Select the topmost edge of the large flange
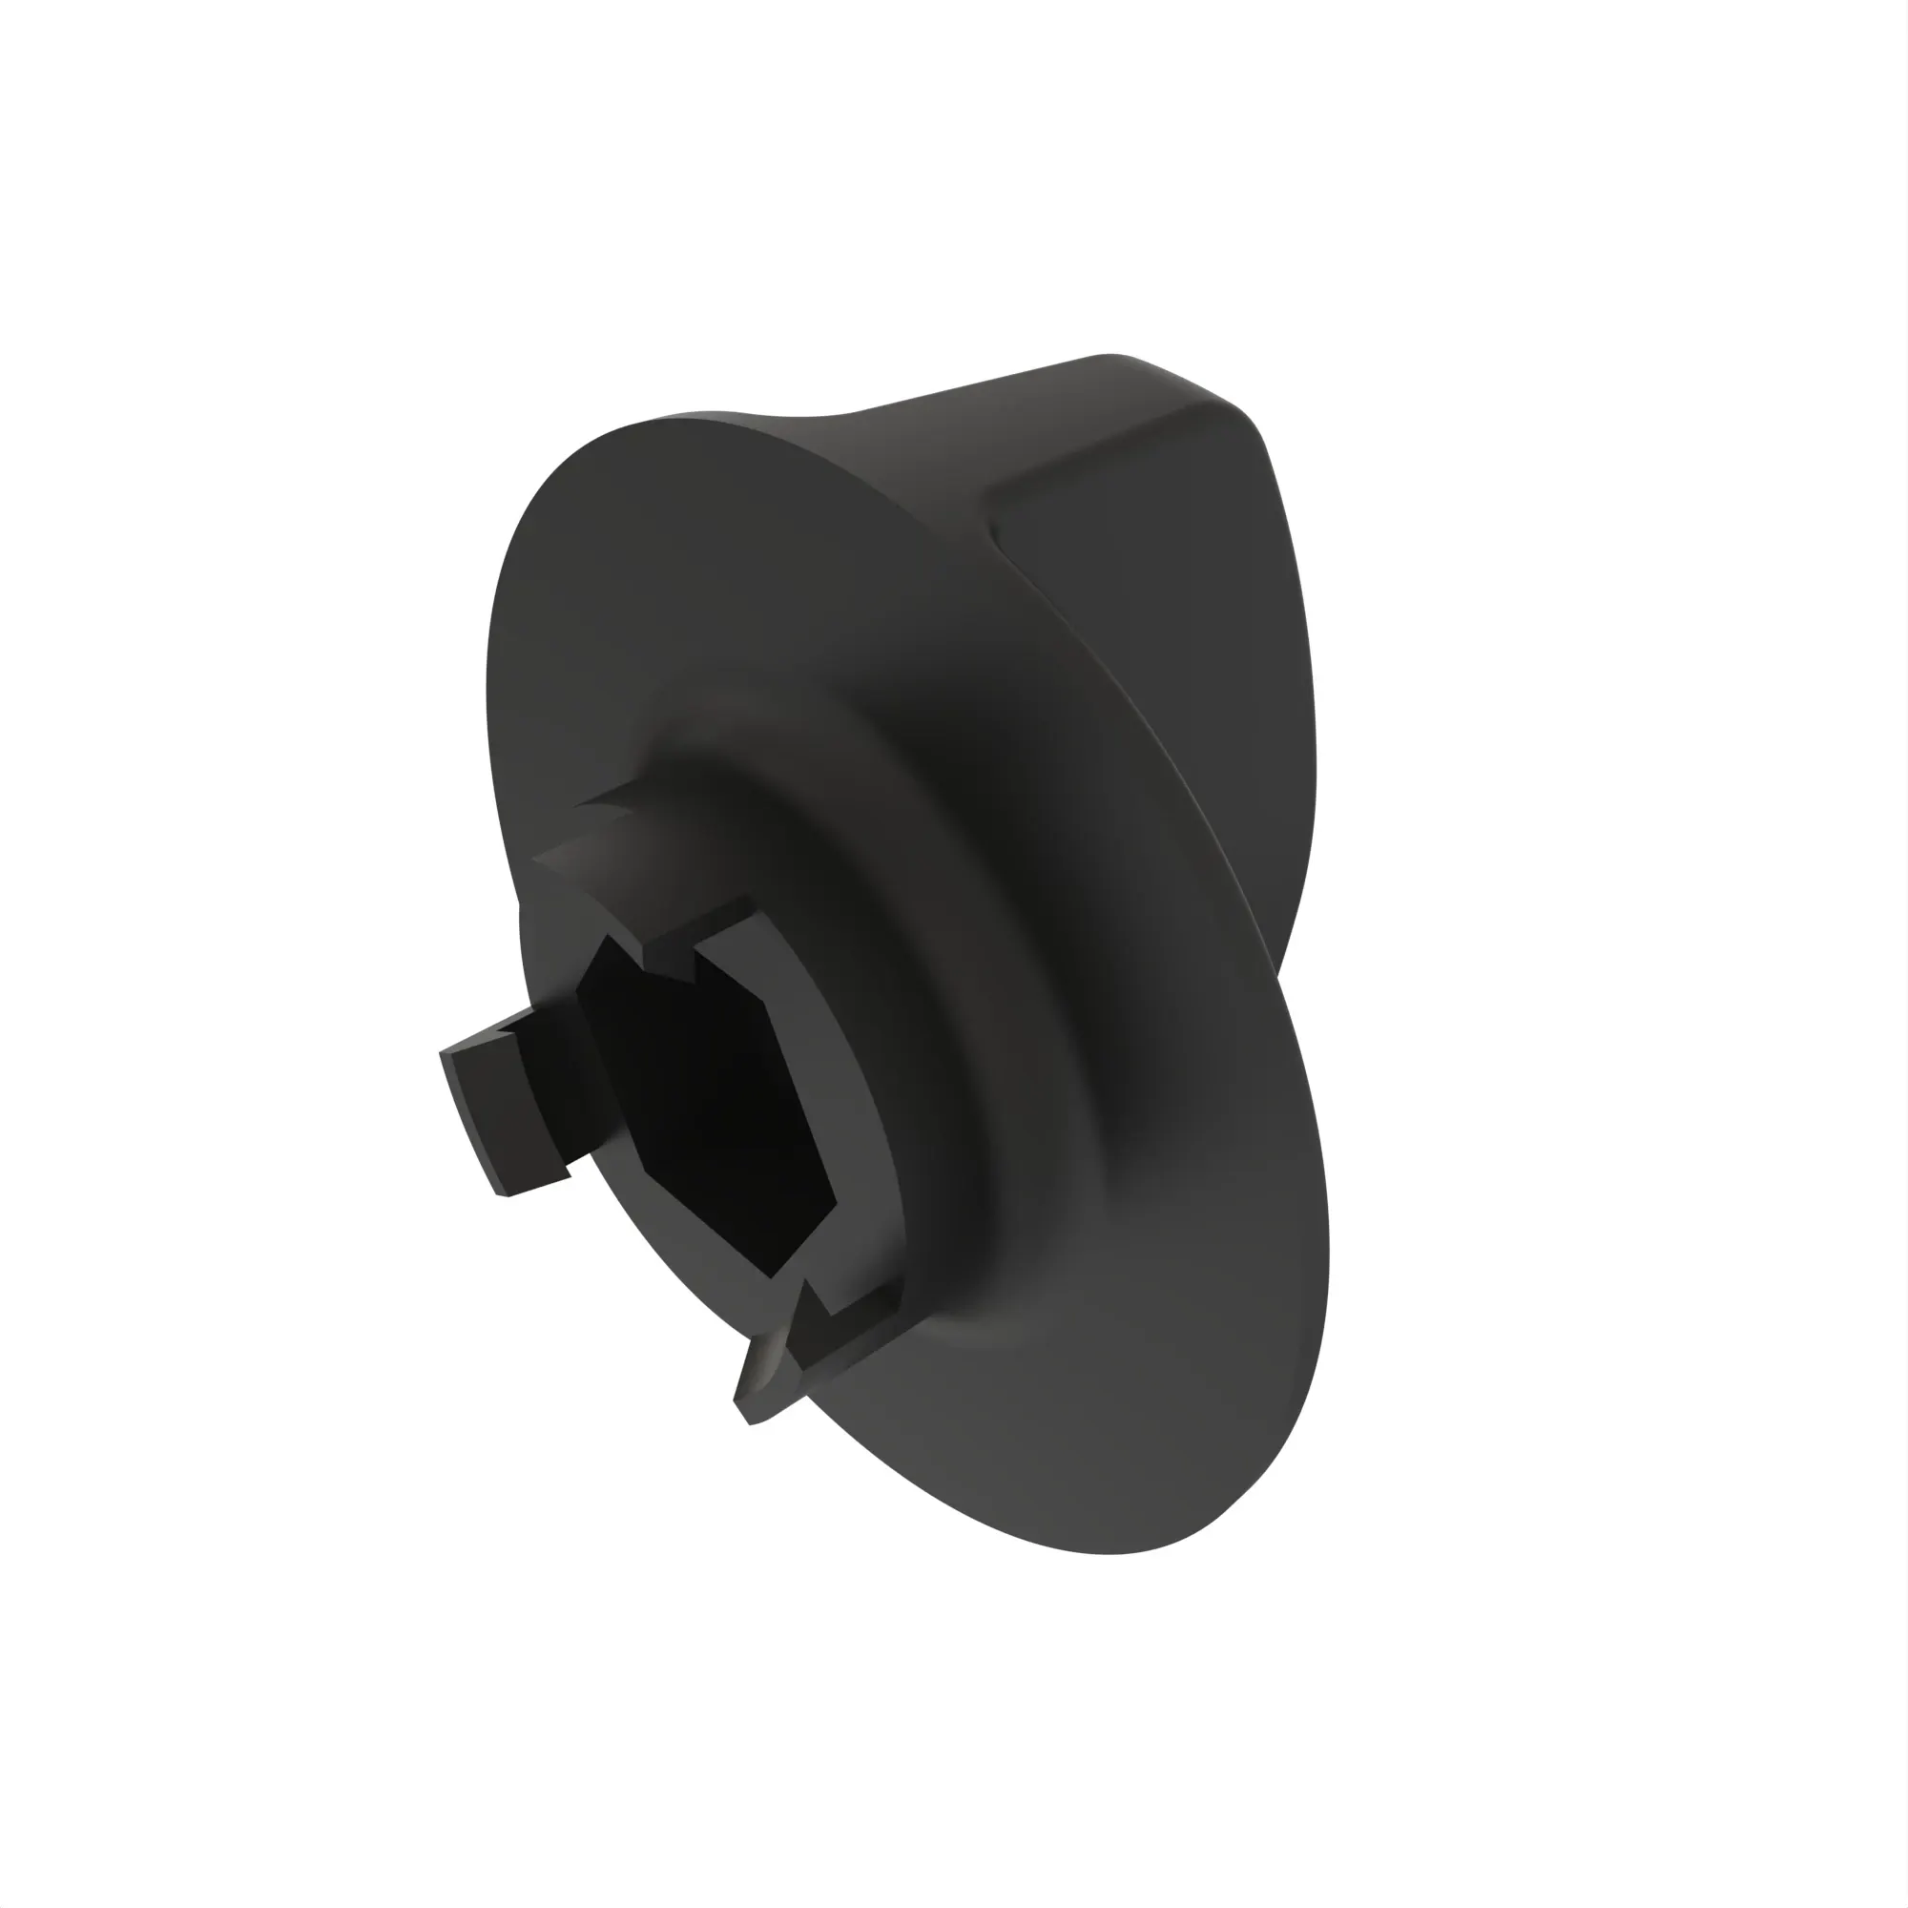click(692, 415)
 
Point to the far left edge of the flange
click(489, 692)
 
